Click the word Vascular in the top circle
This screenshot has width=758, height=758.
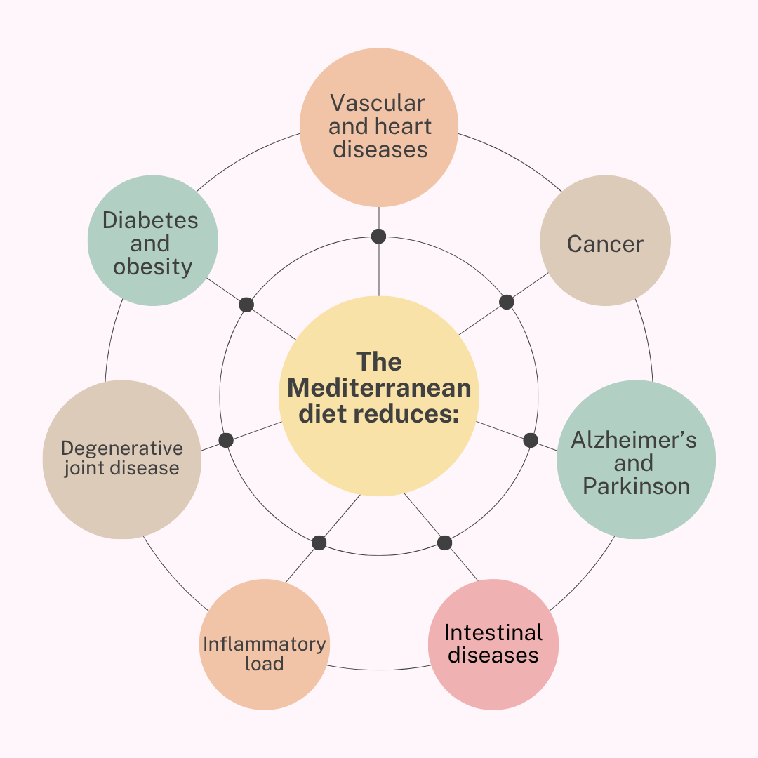coord(378,103)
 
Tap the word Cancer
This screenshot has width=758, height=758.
coord(605,244)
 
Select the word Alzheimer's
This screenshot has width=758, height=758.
coord(634,440)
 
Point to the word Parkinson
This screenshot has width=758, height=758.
coord(636,486)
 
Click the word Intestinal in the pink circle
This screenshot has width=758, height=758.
coord(493,632)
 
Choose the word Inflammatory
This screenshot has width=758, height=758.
coord(265,644)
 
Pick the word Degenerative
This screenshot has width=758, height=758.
coord(122,448)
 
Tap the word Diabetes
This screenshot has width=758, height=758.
coord(150,220)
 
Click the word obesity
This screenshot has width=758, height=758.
coord(153,267)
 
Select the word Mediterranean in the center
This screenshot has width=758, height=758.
coord(379,388)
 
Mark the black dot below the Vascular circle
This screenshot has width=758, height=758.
coord(379,236)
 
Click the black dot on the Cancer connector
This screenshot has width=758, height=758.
coord(507,302)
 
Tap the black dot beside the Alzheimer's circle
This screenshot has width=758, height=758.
coord(531,440)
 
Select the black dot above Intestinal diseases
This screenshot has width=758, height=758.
coord(444,543)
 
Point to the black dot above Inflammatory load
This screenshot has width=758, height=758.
coord(319,543)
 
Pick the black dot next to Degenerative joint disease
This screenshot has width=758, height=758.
coord(226,440)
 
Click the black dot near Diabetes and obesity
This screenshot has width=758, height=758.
coord(246,305)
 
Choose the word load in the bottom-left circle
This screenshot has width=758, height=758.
coord(265,664)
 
